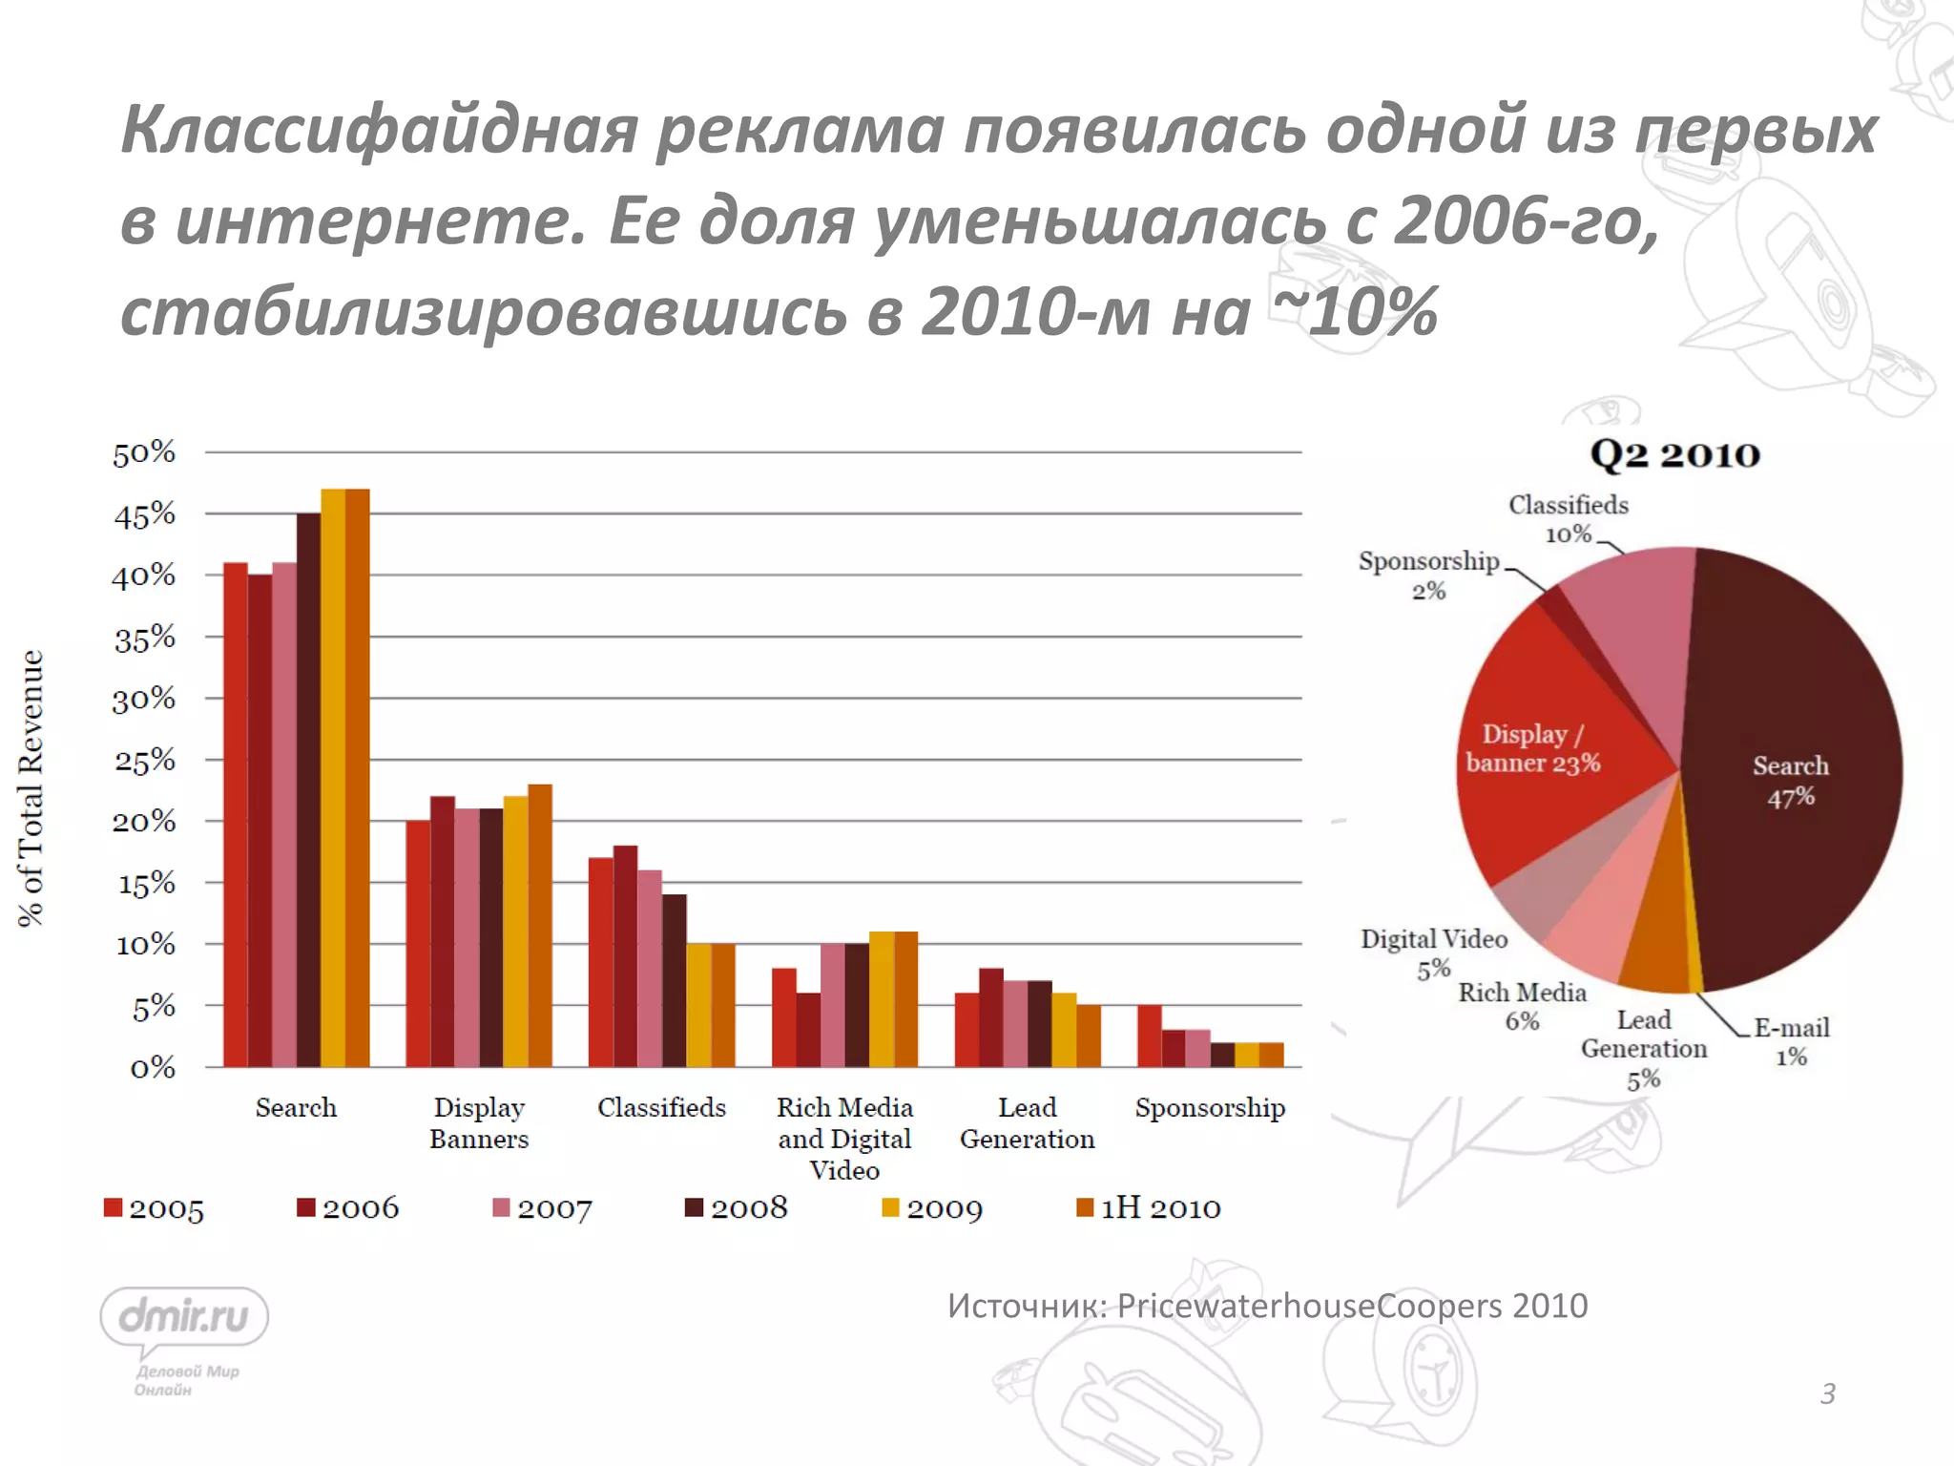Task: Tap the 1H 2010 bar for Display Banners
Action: [540, 926]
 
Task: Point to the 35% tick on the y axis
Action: [145, 638]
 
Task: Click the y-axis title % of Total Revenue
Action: [31, 788]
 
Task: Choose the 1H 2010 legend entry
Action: [1148, 1208]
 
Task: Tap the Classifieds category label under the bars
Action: [661, 1108]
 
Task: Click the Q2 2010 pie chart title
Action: [1674, 454]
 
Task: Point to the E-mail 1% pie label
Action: [1791, 1041]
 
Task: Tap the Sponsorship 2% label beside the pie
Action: [1428, 575]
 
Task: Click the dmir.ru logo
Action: [184, 1318]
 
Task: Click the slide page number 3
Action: [1827, 1394]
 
